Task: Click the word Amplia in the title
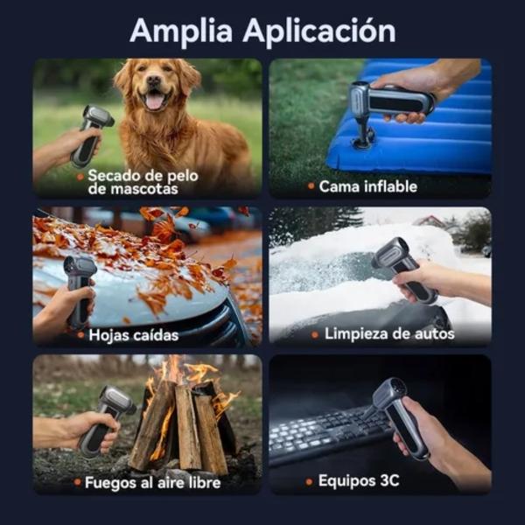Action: [x=181, y=31]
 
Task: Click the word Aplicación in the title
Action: [x=319, y=30]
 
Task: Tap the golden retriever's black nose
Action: [x=154, y=80]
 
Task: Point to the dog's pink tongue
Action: [x=154, y=101]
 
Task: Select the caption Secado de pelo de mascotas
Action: [x=143, y=182]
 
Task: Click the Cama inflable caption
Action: [x=368, y=186]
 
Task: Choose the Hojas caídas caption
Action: [x=134, y=335]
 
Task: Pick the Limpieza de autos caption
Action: [x=389, y=334]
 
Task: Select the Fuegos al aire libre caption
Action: [x=152, y=482]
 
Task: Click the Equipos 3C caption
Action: [x=359, y=480]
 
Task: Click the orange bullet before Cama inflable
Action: [x=311, y=185]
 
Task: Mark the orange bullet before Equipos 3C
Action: [x=310, y=482]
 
